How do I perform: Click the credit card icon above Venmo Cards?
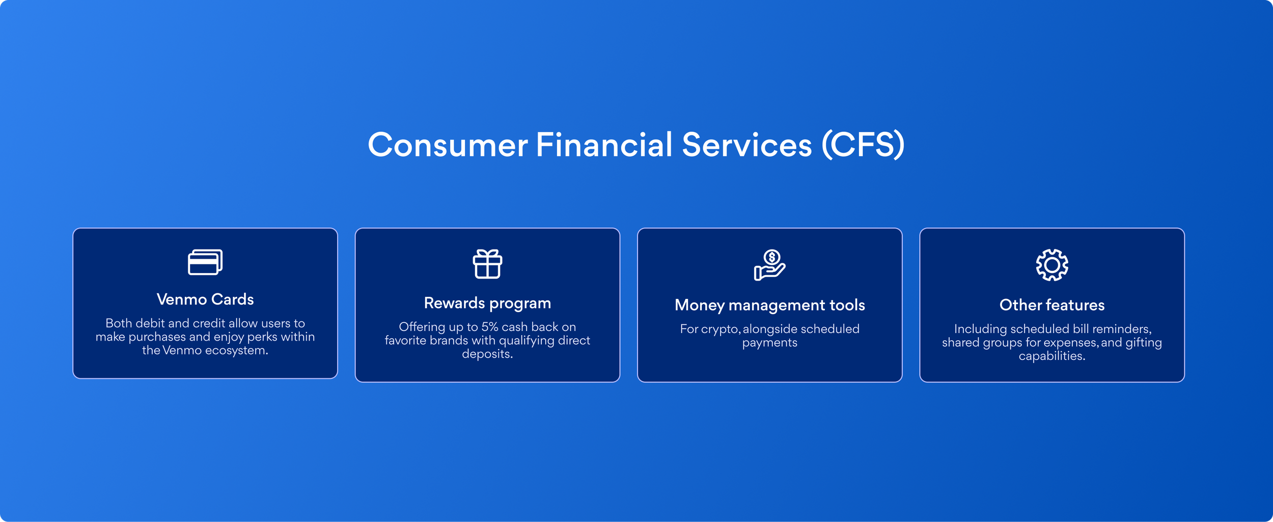[x=205, y=262]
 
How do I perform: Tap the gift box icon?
[x=487, y=264]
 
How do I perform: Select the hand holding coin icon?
[x=769, y=265]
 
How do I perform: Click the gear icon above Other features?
[x=1052, y=265]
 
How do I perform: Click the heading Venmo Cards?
[x=205, y=299]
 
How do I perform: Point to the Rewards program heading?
[x=487, y=304]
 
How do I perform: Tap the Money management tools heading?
[x=769, y=305]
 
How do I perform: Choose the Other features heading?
[x=1052, y=305]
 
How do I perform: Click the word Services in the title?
[x=746, y=145]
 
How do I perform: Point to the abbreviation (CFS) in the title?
[x=863, y=145]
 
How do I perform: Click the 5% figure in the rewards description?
[x=490, y=327]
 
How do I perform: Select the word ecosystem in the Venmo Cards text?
[x=237, y=351]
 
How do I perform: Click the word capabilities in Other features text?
[x=1052, y=356]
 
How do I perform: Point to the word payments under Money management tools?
[x=769, y=343]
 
